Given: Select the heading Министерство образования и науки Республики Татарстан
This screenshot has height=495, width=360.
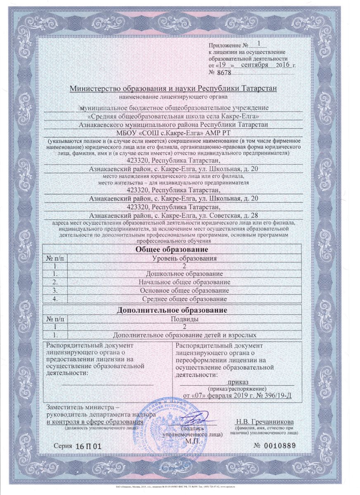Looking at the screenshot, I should (173, 89).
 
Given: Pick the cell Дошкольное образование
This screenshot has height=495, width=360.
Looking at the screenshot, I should (184, 274).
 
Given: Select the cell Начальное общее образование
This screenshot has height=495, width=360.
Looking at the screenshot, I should (184, 282).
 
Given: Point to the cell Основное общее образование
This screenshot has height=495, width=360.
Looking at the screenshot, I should (184, 290).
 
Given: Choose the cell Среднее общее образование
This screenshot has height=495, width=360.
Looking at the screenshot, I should (184, 299).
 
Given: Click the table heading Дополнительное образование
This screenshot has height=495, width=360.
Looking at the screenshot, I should (173, 310).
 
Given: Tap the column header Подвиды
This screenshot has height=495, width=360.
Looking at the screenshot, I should (184, 318).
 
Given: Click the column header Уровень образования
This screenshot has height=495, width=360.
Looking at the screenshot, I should (184, 258).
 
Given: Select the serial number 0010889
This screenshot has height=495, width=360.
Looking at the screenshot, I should (281, 447).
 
